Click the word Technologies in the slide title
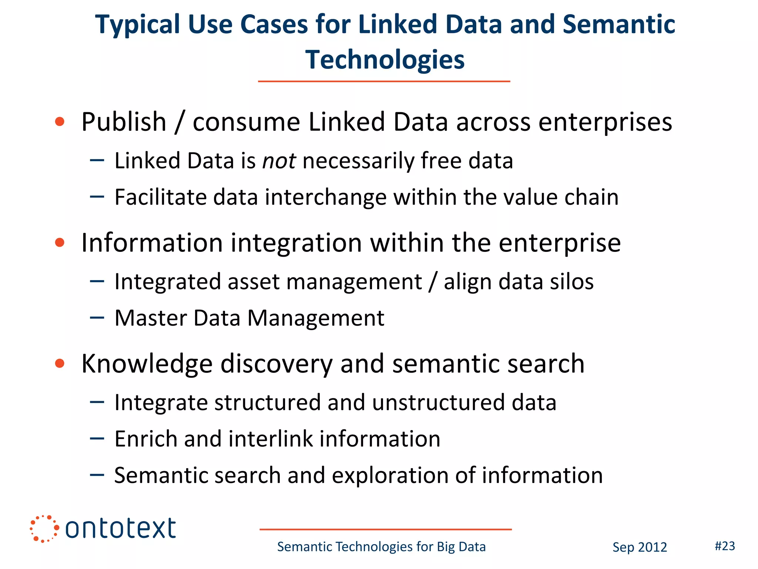click(x=385, y=60)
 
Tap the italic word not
click(x=279, y=161)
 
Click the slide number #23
click(x=725, y=546)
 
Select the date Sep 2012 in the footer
click(x=640, y=547)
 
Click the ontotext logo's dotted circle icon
click(x=44, y=529)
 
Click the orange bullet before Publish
click(x=60, y=122)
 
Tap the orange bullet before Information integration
click(x=60, y=243)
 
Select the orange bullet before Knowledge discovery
click(x=60, y=363)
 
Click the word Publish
click(x=124, y=122)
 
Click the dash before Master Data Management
click(x=97, y=317)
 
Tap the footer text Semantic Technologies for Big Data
click(x=381, y=547)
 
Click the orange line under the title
click(x=384, y=81)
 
